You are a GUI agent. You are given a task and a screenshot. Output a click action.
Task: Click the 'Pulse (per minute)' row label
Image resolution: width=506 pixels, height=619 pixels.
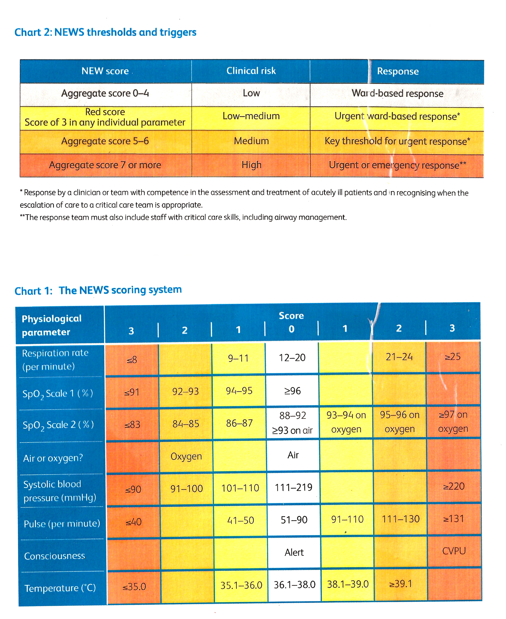point(62,524)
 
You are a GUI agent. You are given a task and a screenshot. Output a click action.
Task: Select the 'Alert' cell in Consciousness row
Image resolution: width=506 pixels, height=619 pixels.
point(294,552)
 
